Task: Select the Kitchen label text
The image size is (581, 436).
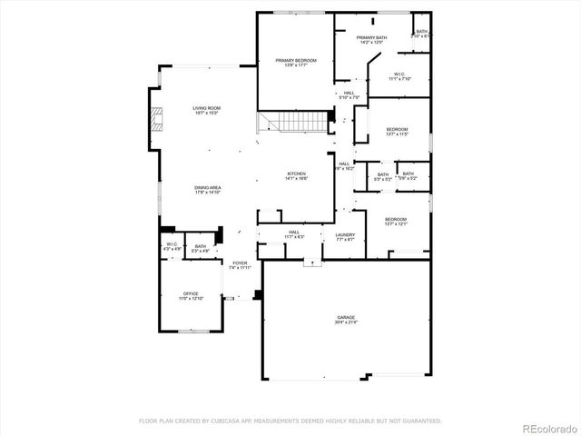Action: [297, 175]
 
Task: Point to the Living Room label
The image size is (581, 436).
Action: [207, 110]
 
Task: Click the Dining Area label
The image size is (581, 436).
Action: [207, 189]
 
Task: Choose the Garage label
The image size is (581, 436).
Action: [347, 319]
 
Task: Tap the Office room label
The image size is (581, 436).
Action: [191, 295]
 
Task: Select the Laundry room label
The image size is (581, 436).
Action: [345, 236]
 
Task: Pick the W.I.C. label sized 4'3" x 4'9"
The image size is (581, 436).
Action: [171, 246]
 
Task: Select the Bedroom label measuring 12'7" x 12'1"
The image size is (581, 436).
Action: [396, 221]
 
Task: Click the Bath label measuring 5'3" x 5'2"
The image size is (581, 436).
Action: [383, 176]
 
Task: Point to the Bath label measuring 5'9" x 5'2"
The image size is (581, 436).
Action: [409, 175]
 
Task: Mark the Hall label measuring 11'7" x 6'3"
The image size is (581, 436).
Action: [294, 233]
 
